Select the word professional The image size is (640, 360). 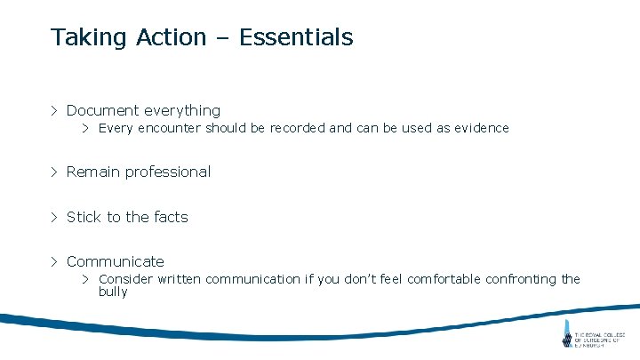168,172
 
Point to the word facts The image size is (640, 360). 172,217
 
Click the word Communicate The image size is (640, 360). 116,261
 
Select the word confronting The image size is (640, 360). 521,279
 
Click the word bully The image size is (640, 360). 113,292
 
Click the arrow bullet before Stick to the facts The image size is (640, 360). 54,217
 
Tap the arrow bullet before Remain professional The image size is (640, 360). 54,172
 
